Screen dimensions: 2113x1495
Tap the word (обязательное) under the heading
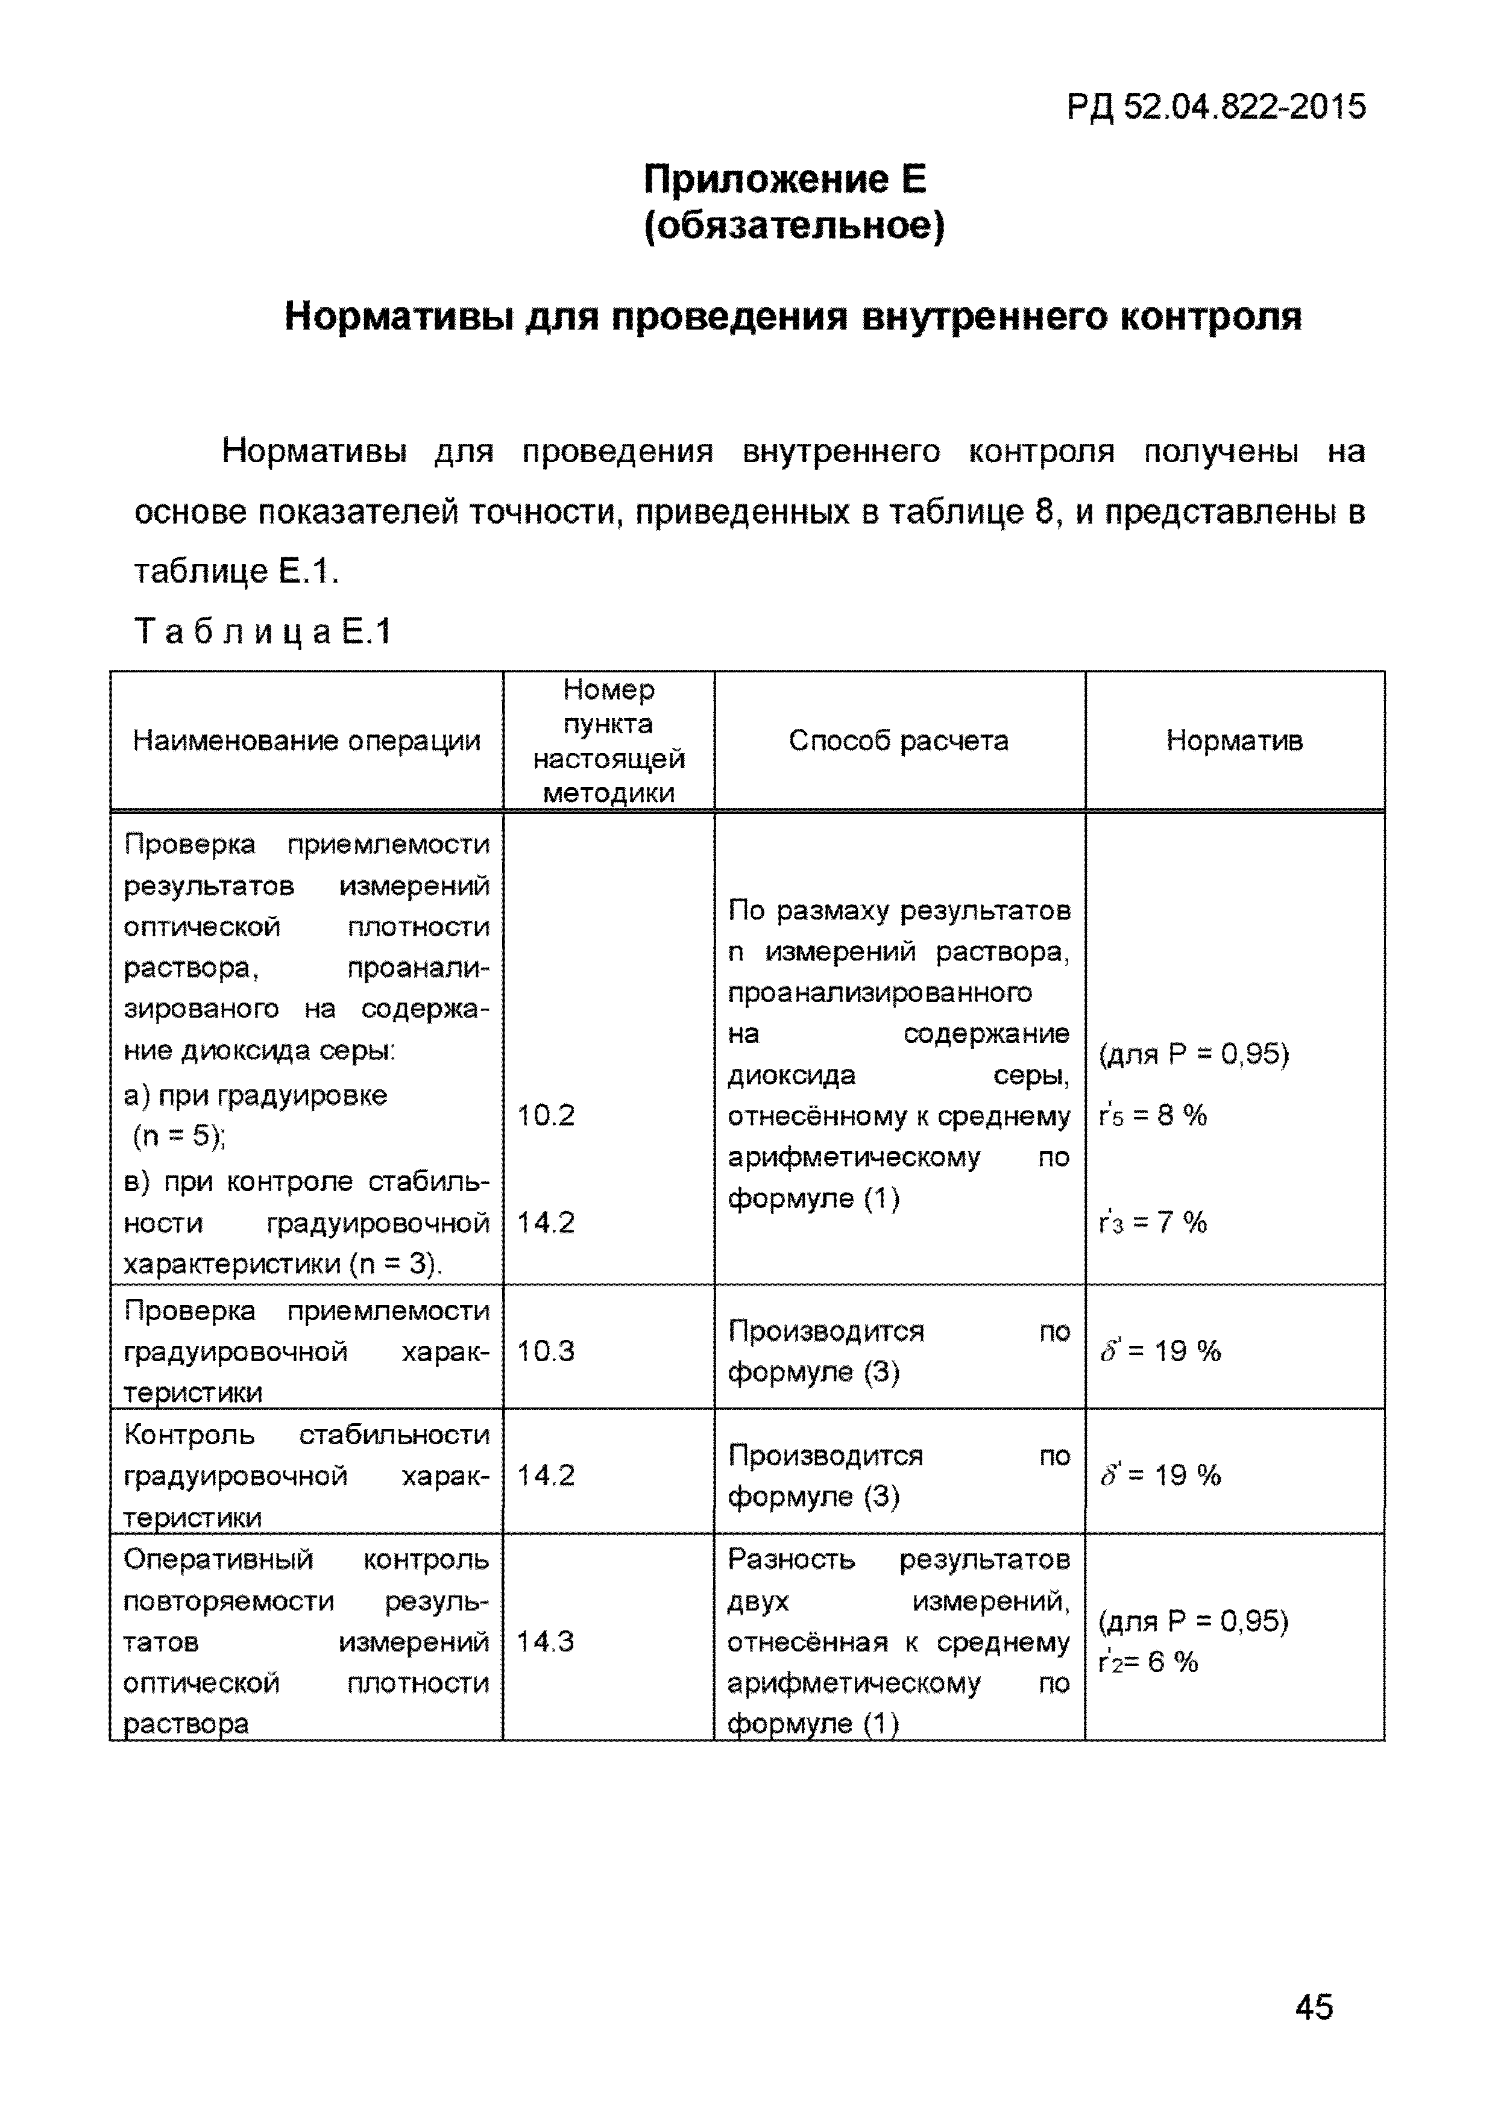[793, 225]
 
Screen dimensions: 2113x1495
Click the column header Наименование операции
[307, 741]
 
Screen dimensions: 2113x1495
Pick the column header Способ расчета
[898, 741]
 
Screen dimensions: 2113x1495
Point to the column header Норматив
[1235, 741]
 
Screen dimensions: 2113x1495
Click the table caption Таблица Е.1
[263, 632]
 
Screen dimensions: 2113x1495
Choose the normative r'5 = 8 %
[1153, 1115]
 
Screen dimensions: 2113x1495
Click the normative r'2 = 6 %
[1148, 1662]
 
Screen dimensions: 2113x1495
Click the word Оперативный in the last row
[218, 1560]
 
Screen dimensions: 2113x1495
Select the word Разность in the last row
[791, 1560]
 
